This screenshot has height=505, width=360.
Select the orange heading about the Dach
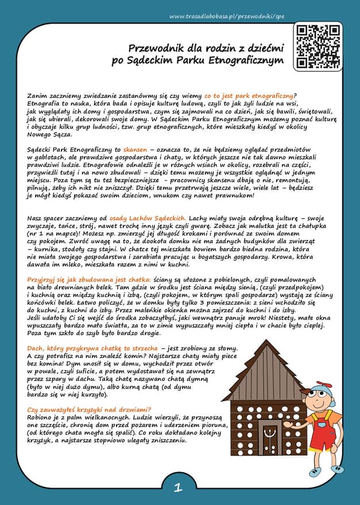pos(92,349)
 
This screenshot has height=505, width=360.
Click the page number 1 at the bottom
pos(178,488)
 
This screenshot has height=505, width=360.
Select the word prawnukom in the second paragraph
pos(229,196)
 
